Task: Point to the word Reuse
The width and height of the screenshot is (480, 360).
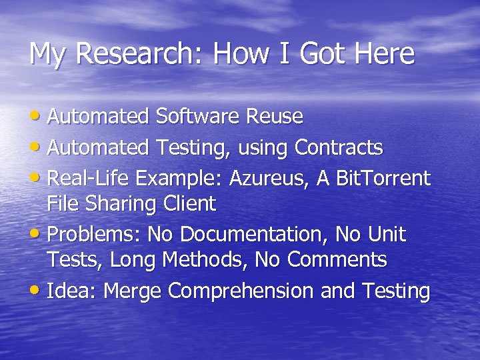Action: [x=275, y=117]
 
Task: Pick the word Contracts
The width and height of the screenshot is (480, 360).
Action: [x=339, y=147]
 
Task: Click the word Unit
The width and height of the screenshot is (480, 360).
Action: [x=387, y=235]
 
